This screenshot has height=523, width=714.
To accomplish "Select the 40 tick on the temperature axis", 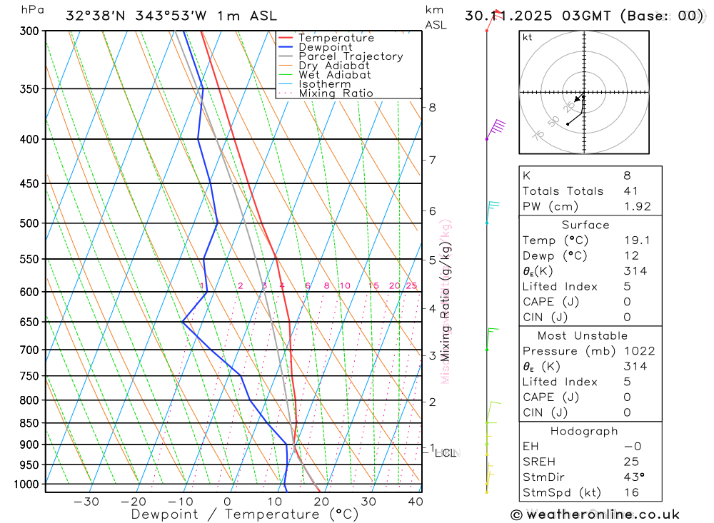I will click(415, 502).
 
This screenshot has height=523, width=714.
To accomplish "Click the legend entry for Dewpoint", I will click(326, 47).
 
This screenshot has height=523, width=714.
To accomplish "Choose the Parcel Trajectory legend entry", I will click(351, 56).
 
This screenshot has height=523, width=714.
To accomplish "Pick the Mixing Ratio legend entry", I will click(336, 93).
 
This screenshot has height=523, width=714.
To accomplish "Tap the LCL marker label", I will click(446, 452).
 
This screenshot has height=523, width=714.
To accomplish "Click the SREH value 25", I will click(630, 462).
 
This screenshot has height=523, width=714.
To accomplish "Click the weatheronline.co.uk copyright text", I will click(595, 514).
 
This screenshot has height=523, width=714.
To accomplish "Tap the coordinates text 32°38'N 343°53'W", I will click(151, 16).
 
